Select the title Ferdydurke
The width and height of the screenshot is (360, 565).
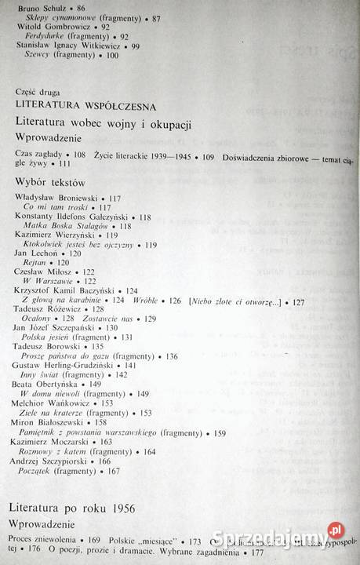click(x=45, y=36)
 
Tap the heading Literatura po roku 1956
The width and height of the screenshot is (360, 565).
click(x=75, y=509)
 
